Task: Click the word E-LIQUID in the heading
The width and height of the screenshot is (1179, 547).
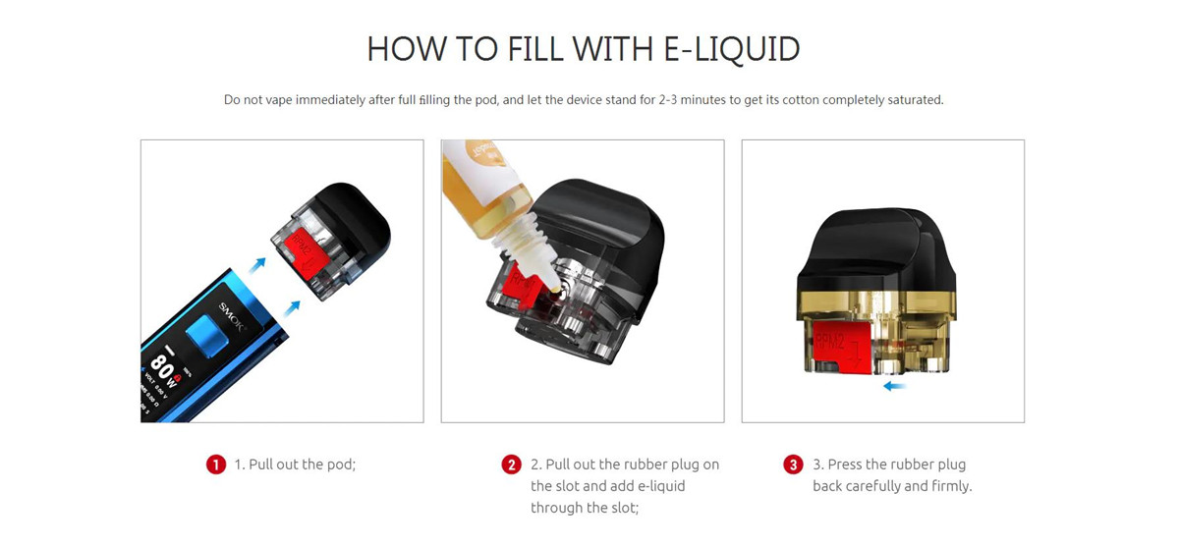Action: pyautogui.click(x=732, y=49)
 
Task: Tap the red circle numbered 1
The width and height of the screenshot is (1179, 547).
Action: pyautogui.click(x=216, y=465)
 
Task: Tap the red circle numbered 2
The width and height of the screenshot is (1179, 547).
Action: pyautogui.click(x=511, y=465)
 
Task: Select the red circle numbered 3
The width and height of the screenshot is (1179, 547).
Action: pyautogui.click(x=793, y=465)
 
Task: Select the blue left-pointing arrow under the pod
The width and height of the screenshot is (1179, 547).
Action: pyautogui.click(x=894, y=387)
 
